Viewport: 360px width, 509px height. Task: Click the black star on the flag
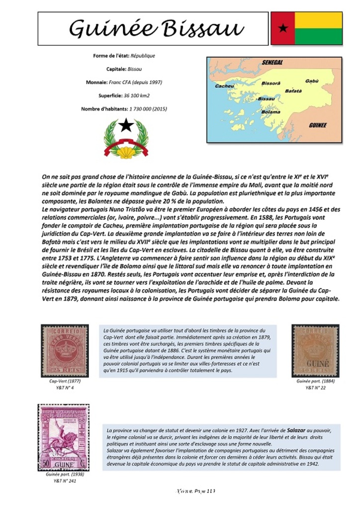283,28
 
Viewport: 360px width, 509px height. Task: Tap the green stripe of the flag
318,37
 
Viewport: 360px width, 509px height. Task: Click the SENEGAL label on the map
272,63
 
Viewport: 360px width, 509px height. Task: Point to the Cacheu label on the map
224,86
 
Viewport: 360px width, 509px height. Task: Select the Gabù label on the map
312,81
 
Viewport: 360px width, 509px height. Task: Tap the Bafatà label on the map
293,91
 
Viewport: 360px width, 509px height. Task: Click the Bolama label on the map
271,112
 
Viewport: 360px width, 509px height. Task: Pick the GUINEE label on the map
318,125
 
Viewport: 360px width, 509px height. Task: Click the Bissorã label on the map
271,83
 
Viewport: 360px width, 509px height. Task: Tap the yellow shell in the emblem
126,152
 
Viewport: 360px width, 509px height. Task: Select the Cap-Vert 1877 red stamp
65,350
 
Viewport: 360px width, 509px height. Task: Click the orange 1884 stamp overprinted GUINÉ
315,350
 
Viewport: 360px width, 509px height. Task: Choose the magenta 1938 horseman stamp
64,437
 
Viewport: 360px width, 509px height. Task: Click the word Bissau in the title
204,28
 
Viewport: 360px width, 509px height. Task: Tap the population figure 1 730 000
142,108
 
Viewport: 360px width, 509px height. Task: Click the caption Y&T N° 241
65,481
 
